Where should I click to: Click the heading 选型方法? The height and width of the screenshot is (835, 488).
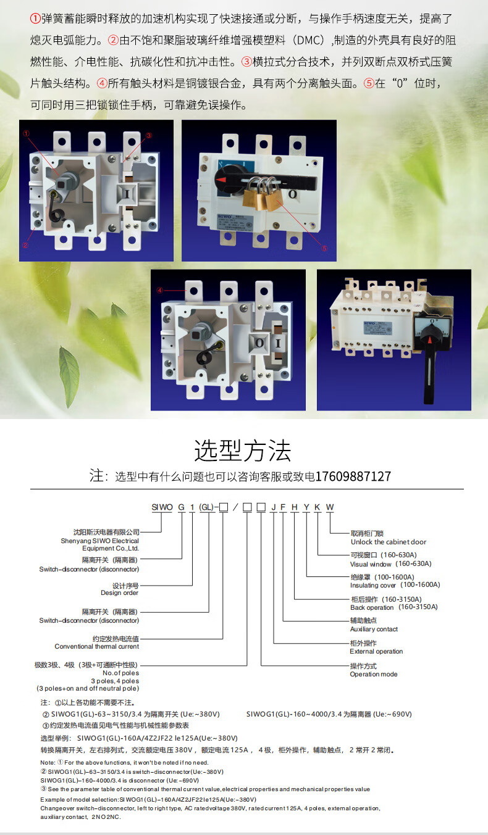243,451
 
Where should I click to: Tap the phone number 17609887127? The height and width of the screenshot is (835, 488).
353,477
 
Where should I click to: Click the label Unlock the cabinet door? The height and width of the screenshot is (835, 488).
388,542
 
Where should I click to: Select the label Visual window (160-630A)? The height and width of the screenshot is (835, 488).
390,564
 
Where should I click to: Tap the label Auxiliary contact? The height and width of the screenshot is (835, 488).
374,629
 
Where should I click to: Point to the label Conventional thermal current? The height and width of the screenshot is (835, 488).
97,647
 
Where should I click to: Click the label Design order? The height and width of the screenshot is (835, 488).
120,593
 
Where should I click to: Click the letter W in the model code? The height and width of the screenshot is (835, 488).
330,507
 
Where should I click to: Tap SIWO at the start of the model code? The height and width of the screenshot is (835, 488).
162,507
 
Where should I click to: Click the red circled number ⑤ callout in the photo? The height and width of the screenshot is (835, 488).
324,248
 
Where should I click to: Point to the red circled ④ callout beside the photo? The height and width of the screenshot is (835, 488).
159,290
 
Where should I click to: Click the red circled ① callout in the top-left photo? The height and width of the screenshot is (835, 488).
26,133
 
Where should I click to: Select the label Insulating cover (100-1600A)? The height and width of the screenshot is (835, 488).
395,585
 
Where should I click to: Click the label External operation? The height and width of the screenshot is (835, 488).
376,652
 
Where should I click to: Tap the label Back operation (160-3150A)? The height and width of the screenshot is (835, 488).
393,607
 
